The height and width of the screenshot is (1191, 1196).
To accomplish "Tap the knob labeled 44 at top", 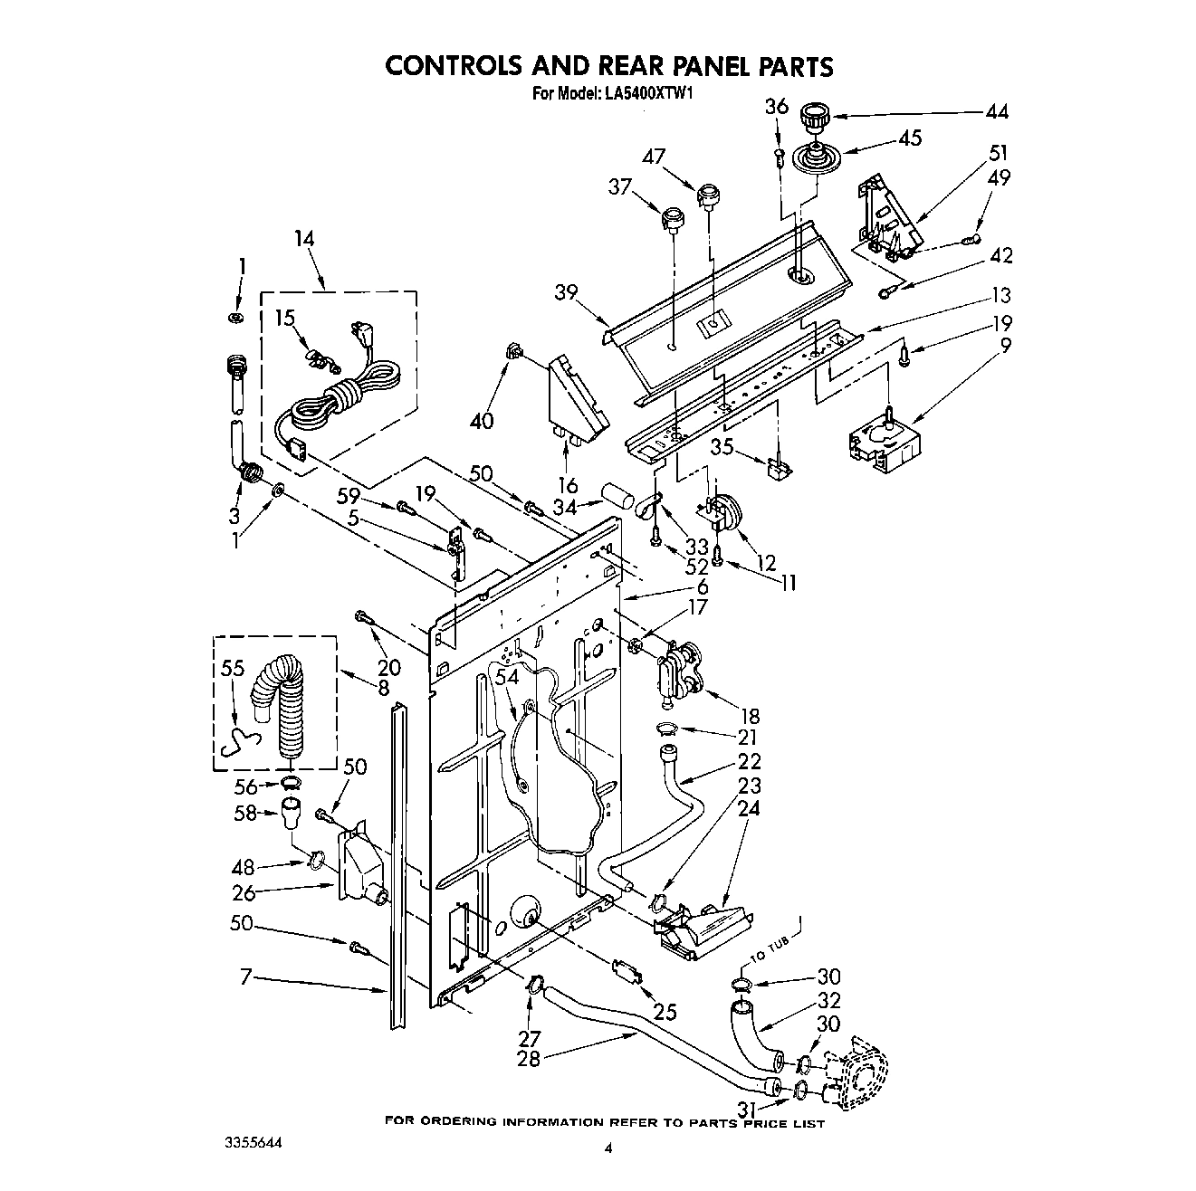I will (x=814, y=119).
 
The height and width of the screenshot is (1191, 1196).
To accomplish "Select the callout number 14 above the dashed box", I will (x=304, y=240).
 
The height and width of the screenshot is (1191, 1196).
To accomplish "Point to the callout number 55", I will (x=233, y=669).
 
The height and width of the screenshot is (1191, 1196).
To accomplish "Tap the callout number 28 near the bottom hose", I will (x=528, y=1058).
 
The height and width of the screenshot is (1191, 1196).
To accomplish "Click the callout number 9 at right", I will (x=1005, y=345).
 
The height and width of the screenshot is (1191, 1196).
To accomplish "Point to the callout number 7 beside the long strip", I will (x=246, y=977).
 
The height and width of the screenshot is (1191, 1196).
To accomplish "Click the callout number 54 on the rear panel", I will (x=507, y=677).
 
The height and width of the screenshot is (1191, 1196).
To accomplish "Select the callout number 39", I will (x=567, y=292).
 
